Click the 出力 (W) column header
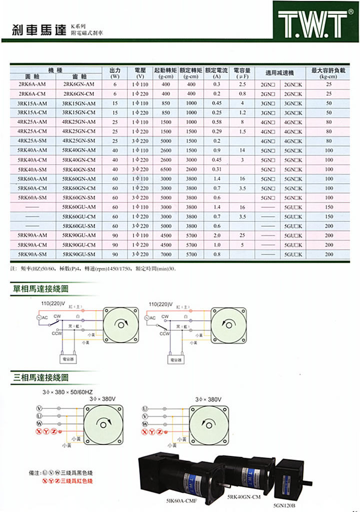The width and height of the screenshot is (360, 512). pyautogui.click(x=115, y=73)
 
